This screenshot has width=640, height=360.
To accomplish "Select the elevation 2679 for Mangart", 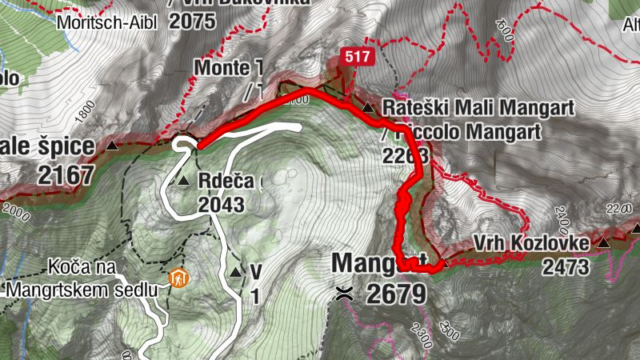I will pos(395,293).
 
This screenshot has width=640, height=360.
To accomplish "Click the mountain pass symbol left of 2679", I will pos(346,293).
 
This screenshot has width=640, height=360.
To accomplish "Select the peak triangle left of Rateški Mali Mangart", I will pos(368,107).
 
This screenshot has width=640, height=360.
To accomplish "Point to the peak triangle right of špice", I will pos(112,146).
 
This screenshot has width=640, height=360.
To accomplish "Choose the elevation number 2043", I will pos(222,204).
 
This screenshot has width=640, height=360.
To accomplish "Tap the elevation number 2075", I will pos(193,21).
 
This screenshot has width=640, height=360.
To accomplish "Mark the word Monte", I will pos(222,69).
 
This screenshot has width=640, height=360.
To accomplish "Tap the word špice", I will pos(62,147).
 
